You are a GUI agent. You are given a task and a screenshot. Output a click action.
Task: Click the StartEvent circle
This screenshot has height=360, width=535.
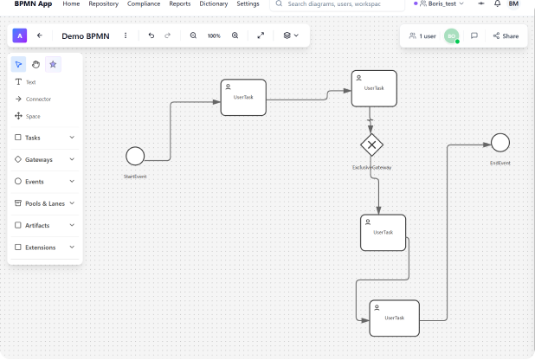point(135,156)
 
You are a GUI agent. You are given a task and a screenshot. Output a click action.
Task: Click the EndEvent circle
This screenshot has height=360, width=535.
point(500,143)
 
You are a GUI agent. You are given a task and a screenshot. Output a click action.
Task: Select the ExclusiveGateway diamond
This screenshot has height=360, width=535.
point(371,145)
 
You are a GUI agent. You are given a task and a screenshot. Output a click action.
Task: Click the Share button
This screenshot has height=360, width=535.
point(506,36)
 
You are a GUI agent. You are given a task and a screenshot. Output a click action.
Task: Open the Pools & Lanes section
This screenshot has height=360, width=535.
point(45,203)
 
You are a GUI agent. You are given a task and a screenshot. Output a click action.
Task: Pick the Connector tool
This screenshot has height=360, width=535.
point(38,99)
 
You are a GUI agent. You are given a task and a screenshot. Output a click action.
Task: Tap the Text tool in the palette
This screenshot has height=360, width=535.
point(30,81)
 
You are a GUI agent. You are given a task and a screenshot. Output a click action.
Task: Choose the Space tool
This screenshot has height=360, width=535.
point(32,116)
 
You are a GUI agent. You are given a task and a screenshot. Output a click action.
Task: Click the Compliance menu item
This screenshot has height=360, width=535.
point(144,4)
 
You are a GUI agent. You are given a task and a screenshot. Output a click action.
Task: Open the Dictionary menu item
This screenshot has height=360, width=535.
point(214,4)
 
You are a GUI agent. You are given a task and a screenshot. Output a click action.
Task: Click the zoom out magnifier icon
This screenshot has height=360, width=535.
point(193,35)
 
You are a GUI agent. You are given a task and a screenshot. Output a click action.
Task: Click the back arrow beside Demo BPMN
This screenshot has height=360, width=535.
point(40,35)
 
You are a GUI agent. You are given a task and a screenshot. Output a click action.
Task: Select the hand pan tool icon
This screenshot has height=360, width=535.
point(35,64)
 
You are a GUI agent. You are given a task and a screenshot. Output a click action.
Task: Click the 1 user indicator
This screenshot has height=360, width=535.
point(422,36)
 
